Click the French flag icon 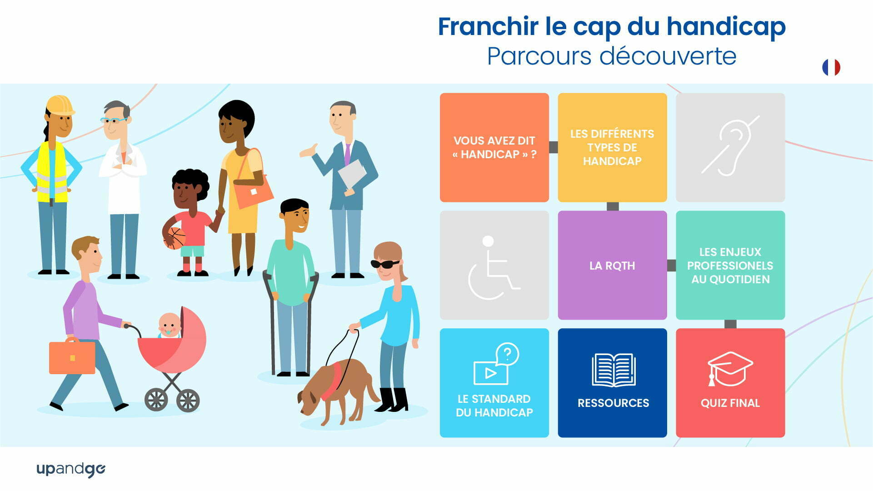tap(831, 67)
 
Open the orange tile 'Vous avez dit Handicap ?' tap(494, 147)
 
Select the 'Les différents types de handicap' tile tap(612, 147)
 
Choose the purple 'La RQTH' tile tap(612, 265)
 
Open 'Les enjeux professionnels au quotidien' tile tap(730, 265)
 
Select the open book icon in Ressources tap(613, 370)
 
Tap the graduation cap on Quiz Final tap(730, 368)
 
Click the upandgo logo tap(71, 469)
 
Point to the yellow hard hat tap(60, 105)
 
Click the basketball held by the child tap(175, 238)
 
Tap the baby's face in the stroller tap(170, 326)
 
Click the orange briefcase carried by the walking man tap(72, 356)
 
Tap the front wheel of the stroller tap(156, 400)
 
